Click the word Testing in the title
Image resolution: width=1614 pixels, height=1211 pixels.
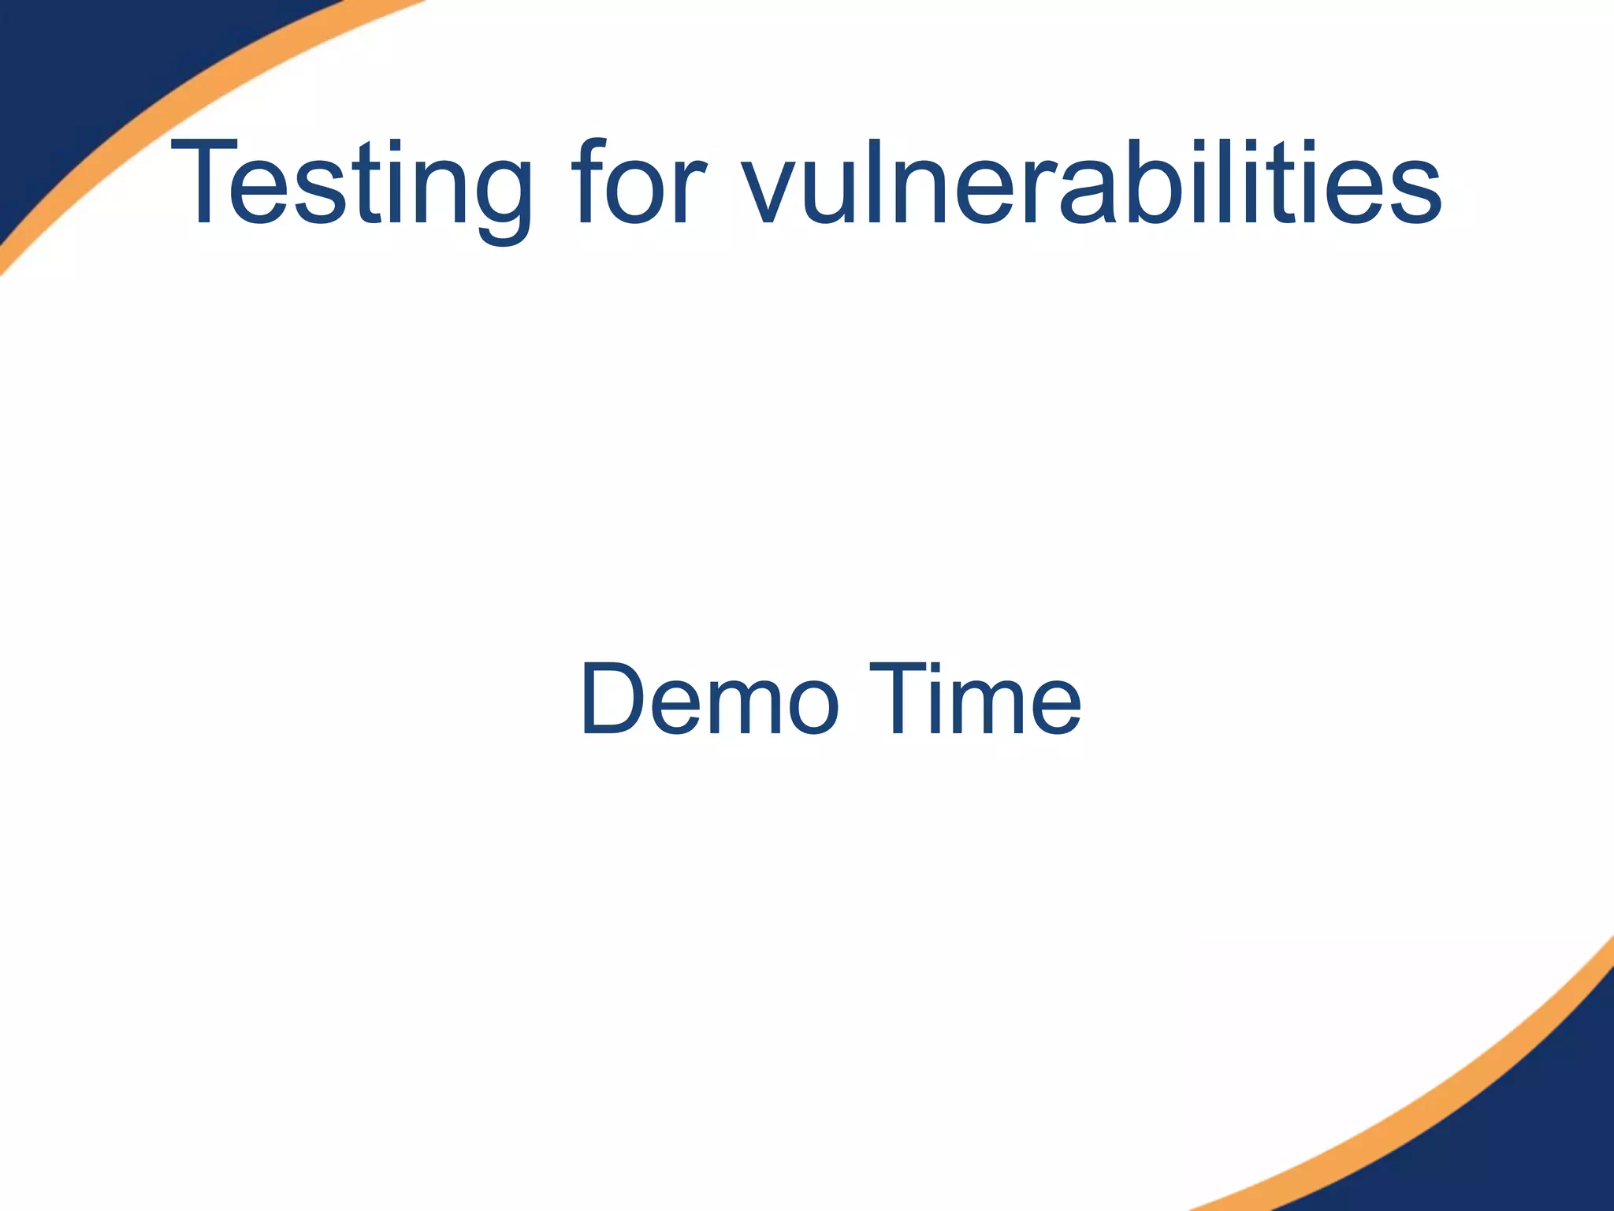click(351, 184)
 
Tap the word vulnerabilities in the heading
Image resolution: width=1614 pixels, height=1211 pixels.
click(1091, 184)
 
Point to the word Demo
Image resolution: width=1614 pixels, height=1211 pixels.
click(709, 699)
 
